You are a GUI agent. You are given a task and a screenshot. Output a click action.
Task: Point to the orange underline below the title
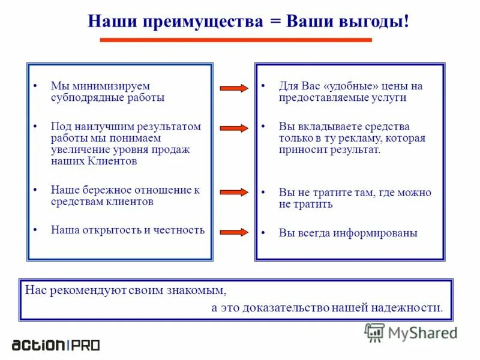click(x=235, y=40)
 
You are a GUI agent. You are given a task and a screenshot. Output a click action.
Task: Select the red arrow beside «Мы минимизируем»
click(x=234, y=89)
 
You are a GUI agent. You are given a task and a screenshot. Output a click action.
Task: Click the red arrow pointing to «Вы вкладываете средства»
click(x=234, y=128)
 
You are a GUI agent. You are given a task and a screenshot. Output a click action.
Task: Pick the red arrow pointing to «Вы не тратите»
click(x=234, y=192)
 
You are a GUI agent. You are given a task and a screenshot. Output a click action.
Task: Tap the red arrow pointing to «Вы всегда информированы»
click(x=234, y=232)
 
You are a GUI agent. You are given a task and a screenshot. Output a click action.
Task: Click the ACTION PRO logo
click(x=56, y=345)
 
